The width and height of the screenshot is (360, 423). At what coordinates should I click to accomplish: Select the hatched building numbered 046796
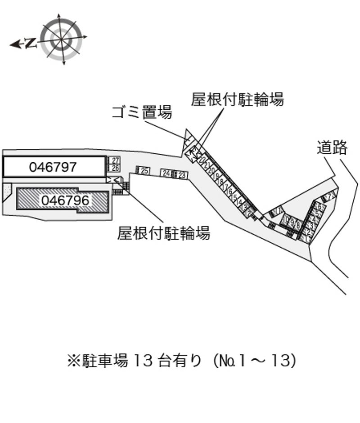[63, 200]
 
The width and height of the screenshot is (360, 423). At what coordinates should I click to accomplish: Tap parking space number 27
[115, 160]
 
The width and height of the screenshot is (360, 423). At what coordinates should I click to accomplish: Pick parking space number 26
[115, 168]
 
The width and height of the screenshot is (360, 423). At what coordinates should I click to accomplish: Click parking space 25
[144, 170]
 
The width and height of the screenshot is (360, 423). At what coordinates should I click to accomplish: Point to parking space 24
[166, 173]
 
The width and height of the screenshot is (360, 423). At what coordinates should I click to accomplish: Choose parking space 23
[182, 175]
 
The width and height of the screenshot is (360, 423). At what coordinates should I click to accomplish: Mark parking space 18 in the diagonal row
[221, 182]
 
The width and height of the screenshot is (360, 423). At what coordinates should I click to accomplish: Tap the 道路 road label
[332, 147]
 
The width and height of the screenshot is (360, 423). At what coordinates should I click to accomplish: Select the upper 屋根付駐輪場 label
[237, 99]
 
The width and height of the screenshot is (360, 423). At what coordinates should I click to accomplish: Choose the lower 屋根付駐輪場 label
[163, 233]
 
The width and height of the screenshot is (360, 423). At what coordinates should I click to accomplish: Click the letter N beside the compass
[31, 43]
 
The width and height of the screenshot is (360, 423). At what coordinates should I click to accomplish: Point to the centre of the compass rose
[62, 39]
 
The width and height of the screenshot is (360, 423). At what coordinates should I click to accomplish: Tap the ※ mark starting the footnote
[73, 360]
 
